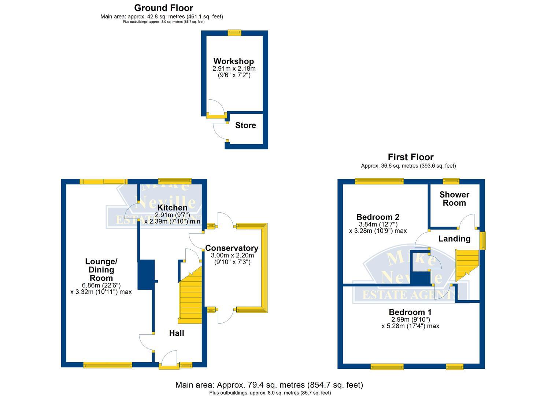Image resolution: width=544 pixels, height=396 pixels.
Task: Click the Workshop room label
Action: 233,61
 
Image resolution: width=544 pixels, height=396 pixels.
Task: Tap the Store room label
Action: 245,125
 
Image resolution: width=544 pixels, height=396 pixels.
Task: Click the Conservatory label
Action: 232,248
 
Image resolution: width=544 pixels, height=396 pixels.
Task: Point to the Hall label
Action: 176,333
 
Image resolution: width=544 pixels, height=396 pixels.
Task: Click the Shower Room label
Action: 454,199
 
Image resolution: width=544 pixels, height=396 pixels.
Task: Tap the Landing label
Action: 454,239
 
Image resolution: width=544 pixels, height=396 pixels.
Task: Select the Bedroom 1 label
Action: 410,312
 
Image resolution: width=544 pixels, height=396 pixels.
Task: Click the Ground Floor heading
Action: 163,8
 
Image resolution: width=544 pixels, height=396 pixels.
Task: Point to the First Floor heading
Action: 411,157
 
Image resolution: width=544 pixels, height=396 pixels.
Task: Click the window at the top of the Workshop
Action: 234,33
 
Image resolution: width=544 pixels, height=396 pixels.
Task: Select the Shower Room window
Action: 451,181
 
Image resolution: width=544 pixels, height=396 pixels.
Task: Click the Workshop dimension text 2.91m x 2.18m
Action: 234,69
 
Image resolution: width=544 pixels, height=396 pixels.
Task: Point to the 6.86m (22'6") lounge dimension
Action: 101,285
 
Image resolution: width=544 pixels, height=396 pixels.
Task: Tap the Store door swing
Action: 220,131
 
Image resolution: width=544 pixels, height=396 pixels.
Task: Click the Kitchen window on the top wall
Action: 174,181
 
